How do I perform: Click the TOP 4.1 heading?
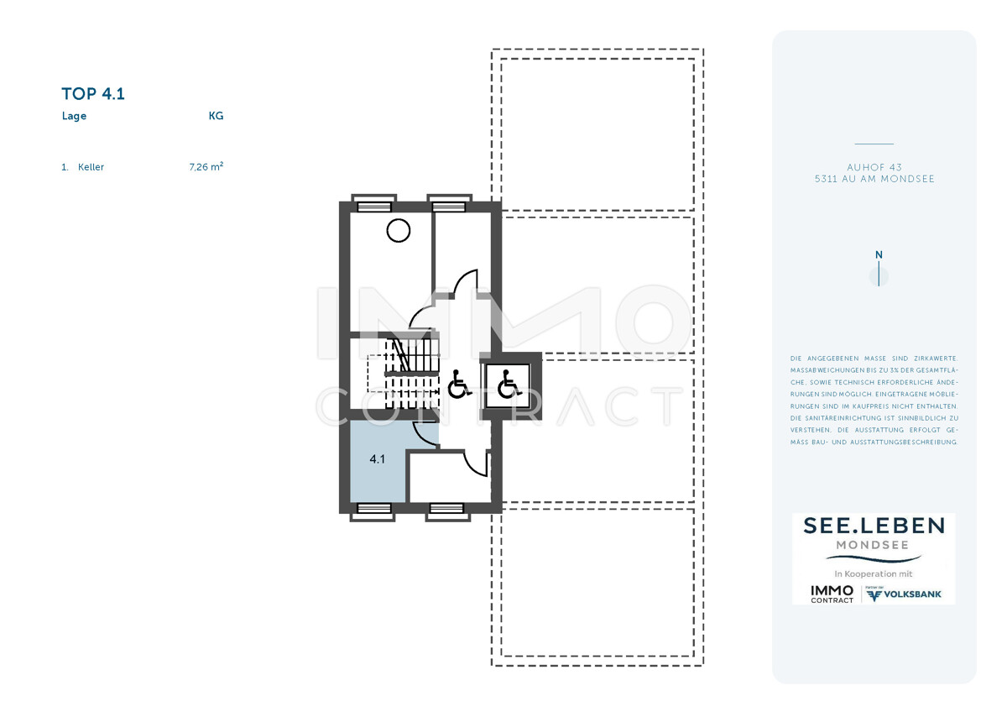(x=93, y=93)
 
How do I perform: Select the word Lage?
(x=74, y=116)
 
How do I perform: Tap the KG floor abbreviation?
(x=216, y=116)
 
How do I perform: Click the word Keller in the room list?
(x=91, y=167)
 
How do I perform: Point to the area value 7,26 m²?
(x=206, y=166)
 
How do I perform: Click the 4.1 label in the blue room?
(x=377, y=458)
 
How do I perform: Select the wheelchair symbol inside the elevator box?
(x=509, y=385)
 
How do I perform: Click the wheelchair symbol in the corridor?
(x=459, y=385)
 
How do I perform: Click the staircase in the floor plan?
(x=411, y=374)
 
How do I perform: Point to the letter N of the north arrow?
(x=879, y=254)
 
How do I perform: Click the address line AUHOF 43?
(x=874, y=167)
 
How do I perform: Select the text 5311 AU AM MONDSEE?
(x=874, y=179)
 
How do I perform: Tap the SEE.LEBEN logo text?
(x=874, y=526)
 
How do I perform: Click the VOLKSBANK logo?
(x=904, y=594)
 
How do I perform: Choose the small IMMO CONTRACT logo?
(x=832, y=594)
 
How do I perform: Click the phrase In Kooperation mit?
(x=874, y=574)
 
